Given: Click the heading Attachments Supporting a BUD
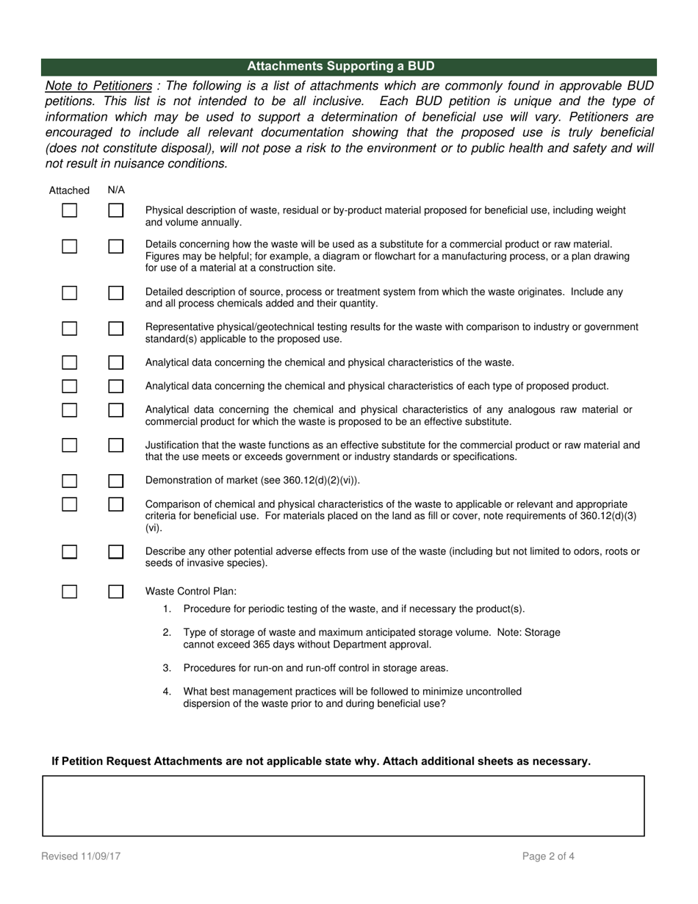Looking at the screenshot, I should (x=340, y=66).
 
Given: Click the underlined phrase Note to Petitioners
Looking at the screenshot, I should (x=98, y=86).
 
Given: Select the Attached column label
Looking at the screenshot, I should (x=69, y=190).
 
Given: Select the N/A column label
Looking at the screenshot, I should (x=116, y=190).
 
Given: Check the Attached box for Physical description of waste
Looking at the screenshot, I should (x=70, y=210).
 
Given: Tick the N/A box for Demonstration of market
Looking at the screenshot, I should (x=116, y=481).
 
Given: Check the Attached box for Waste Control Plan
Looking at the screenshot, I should (x=70, y=592).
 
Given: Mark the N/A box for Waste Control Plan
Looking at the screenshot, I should (x=116, y=592).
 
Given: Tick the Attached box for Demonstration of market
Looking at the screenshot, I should (x=70, y=481).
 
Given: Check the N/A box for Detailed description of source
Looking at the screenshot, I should (x=116, y=293).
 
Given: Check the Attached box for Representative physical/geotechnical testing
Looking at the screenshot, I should (x=70, y=328).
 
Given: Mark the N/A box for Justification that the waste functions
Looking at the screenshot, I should (x=116, y=445).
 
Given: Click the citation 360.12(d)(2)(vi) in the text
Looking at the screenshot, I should (x=320, y=481).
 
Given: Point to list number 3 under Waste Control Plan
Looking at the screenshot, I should (x=167, y=668).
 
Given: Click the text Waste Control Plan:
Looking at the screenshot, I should (x=191, y=592).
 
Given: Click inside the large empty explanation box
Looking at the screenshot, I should (x=343, y=806).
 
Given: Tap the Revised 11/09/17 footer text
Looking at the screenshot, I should (x=81, y=856).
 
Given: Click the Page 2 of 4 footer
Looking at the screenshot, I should (x=548, y=856).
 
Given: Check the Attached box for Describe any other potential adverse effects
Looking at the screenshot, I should (x=70, y=551).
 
